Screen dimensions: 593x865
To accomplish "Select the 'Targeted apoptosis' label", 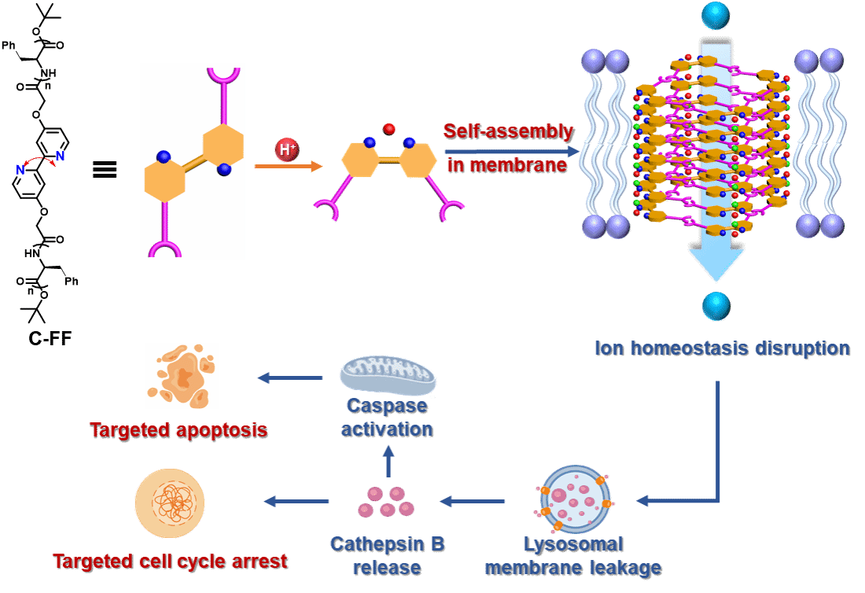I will coord(178,430).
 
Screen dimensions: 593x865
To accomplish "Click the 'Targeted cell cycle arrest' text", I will coord(169,561).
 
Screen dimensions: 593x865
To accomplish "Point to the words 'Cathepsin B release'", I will coord(387,555).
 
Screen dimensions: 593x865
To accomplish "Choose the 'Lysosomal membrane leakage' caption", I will coord(572,555).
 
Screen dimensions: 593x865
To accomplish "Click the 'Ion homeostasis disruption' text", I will coord(722,348).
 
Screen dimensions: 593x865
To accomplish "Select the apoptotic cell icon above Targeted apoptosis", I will coord(182,376).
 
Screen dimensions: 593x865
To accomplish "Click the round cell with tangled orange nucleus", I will coord(169,503).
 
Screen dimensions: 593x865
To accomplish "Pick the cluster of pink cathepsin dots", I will coord(386,501).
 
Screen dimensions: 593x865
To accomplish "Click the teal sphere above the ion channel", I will coord(716,15).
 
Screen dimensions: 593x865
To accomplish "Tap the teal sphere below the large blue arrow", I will coord(716,306).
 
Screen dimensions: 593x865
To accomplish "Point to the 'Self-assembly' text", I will coord(508,131).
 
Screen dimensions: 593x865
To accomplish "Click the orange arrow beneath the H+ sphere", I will coord(289,166).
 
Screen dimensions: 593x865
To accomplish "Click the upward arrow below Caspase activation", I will coord(387,460).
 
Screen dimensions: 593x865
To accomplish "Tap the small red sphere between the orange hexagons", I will coord(388,129).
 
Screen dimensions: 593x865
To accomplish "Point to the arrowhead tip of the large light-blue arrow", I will coord(716,279).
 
